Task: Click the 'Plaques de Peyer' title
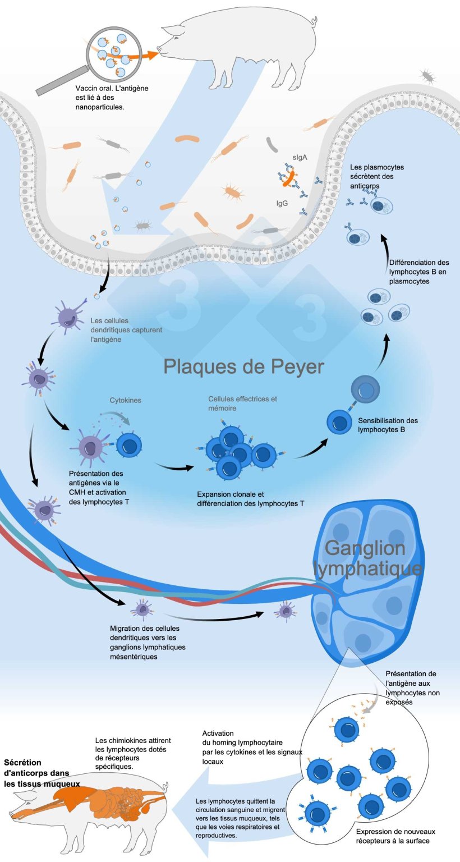coord(244,366)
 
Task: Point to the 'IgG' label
coord(282,204)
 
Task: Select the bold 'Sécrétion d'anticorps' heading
coord(40,773)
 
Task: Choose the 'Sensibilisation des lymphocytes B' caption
coord(388,425)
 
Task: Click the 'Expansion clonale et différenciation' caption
coord(251,499)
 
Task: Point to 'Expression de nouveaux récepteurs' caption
coord(395,836)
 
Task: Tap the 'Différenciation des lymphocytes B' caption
coord(419,272)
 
